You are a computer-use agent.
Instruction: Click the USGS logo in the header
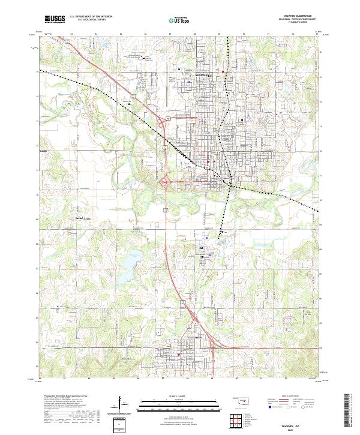55,19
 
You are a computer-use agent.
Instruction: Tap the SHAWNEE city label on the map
206,74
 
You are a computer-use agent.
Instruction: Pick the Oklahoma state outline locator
241,401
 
